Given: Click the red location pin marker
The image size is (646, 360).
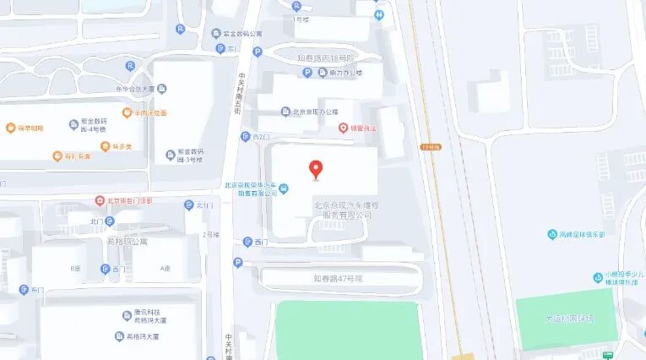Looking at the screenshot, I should [317, 169].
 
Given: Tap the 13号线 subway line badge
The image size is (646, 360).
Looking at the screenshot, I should [431, 146].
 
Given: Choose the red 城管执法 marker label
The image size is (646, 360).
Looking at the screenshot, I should [360, 128].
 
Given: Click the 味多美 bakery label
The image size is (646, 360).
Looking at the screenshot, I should [123, 145].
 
